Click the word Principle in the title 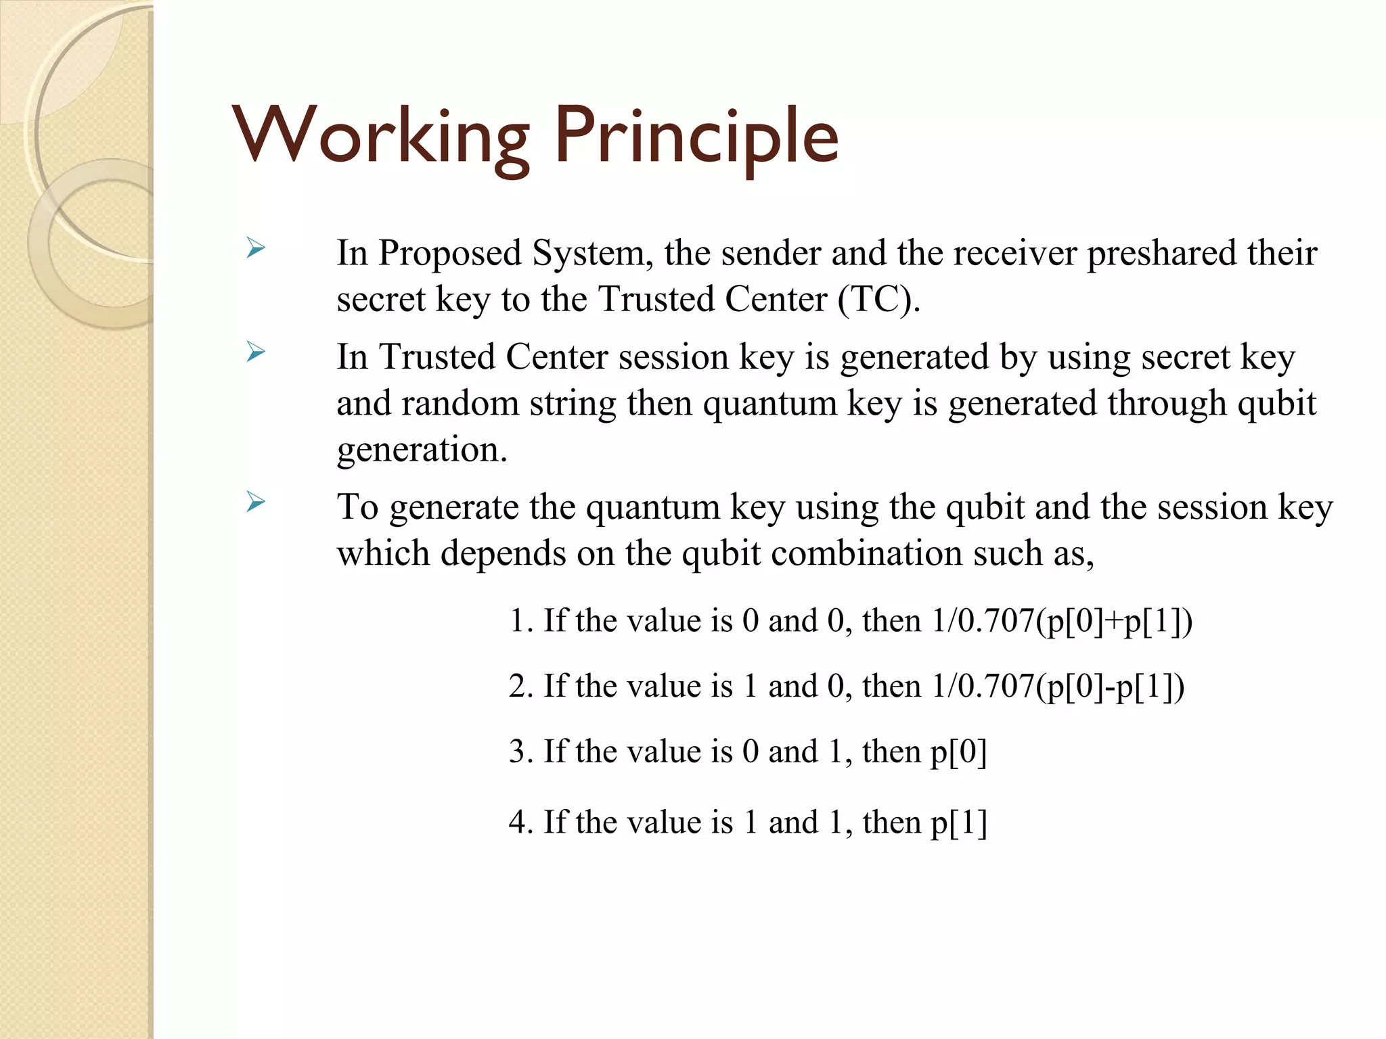697,137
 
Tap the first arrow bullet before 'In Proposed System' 256,248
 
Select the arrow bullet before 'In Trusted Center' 256,352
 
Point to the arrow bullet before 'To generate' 256,502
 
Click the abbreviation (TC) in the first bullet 878,299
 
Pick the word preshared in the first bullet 1161,253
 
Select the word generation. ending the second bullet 422,450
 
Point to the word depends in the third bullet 503,553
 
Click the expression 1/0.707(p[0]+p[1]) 1061,621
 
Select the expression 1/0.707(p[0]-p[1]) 1057,687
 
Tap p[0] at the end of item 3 958,752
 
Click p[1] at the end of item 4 958,823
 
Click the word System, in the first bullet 592,253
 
